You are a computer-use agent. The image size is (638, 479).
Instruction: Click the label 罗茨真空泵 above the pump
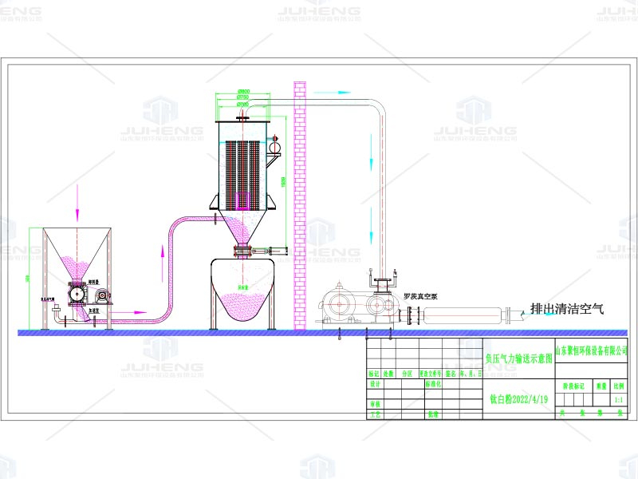coord(420,295)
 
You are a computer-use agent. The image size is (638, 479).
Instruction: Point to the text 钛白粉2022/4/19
coord(518,398)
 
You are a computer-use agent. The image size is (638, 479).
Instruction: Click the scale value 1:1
coord(618,398)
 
